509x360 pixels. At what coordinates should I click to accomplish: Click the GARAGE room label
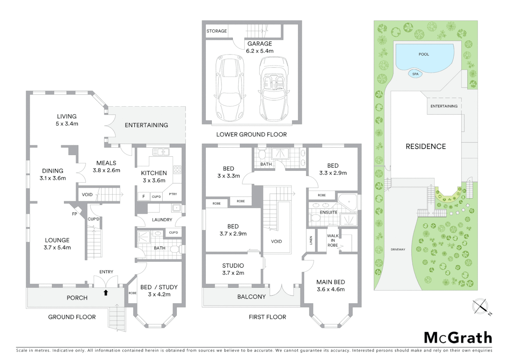pos(259,44)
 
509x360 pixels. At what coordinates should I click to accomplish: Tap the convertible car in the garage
pos(273,89)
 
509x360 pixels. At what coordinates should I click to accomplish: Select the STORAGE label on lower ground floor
pos(217,31)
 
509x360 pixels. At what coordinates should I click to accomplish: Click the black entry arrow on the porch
pos(106,293)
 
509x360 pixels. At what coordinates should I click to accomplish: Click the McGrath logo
pos(458,338)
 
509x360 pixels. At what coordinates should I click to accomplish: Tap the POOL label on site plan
pos(424,54)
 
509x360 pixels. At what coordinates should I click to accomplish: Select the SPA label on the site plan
pos(415,74)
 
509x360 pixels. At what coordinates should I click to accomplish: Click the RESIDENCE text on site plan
pos(425,146)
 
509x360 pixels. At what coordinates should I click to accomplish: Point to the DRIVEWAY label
pos(398,249)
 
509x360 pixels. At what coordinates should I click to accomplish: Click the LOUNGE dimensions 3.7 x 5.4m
pos(57,248)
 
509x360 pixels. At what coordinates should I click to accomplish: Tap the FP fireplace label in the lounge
pos(74,214)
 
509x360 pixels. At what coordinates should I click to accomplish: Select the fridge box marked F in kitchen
pos(144,196)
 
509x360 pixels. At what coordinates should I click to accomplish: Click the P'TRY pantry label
pos(173,194)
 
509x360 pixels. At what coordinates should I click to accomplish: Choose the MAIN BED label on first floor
pos(330,282)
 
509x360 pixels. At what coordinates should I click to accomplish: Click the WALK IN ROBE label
pos(332,240)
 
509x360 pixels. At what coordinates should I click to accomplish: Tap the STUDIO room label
pos(233,266)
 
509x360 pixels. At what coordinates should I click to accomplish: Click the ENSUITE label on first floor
pos(328,212)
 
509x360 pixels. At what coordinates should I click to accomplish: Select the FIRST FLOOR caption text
pos(267,317)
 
